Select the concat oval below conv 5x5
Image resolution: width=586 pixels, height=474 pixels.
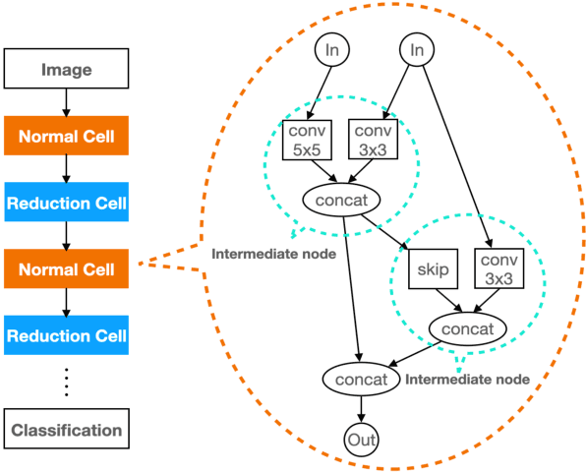341,200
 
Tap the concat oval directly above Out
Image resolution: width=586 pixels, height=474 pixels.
361,377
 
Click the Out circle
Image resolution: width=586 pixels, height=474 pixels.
361,440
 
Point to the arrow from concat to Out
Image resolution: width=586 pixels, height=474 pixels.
361,408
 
